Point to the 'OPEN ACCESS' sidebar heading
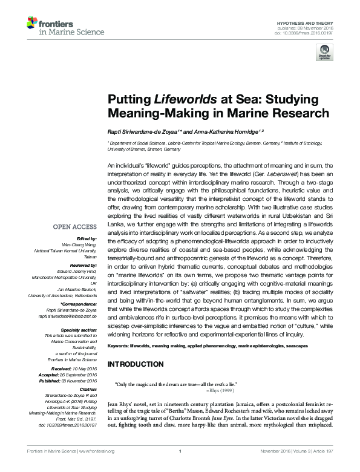(x=74, y=227)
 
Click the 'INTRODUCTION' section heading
(x=135, y=364)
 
